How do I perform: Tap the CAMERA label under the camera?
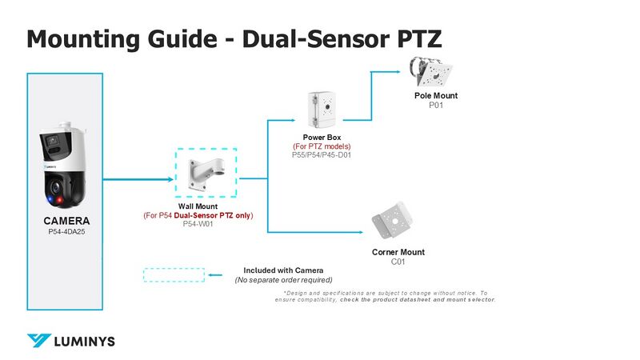tap(66, 221)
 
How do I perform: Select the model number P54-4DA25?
tap(66, 232)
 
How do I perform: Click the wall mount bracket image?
tap(206, 173)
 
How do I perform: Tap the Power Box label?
tap(322, 138)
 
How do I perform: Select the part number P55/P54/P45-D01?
tap(322, 155)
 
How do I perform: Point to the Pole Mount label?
tap(436, 96)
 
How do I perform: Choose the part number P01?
tap(436, 105)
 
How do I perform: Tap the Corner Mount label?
tap(398, 252)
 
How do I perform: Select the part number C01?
tap(398, 262)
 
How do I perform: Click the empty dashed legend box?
tap(174, 274)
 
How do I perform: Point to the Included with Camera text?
tap(283, 270)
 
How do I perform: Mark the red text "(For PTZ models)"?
tap(322, 146)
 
